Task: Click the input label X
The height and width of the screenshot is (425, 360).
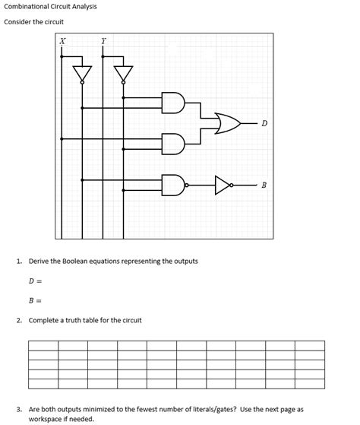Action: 62,40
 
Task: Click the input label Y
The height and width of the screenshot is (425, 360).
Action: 103,40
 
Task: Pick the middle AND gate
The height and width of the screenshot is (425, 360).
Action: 174,142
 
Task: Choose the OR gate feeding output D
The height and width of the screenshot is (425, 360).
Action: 227,122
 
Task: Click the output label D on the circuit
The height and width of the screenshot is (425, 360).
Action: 264,123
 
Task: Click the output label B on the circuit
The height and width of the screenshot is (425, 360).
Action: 264,185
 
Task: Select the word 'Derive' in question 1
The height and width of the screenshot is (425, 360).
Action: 39,261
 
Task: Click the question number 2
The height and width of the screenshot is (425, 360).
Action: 18,320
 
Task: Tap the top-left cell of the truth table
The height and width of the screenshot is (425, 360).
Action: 43,345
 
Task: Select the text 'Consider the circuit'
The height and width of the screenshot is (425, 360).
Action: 33,22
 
